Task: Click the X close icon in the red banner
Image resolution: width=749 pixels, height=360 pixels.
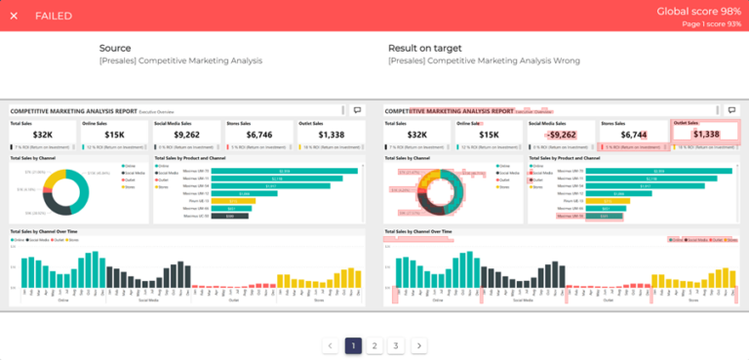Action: click(14, 16)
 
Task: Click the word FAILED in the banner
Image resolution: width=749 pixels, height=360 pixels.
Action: click(54, 16)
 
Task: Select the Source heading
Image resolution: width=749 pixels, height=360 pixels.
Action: click(115, 48)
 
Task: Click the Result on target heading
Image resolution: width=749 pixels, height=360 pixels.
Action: click(424, 48)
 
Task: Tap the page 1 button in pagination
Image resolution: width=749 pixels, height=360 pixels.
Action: click(353, 345)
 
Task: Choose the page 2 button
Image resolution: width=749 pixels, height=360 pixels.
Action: click(374, 345)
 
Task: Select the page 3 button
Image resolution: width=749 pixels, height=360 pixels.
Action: click(396, 345)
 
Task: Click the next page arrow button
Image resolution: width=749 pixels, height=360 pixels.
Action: click(418, 345)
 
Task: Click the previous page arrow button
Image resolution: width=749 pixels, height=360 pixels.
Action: click(331, 345)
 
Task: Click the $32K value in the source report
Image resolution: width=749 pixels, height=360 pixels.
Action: click(41, 135)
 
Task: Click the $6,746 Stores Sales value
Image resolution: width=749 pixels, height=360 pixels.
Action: click(259, 135)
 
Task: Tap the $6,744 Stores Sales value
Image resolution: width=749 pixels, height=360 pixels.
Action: click(633, 135)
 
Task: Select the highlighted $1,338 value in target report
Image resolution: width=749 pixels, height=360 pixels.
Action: click(706, 135)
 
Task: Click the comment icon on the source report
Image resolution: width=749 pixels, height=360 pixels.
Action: click(357, 111)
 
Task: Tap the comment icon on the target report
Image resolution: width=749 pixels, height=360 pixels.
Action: click(731, 111)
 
